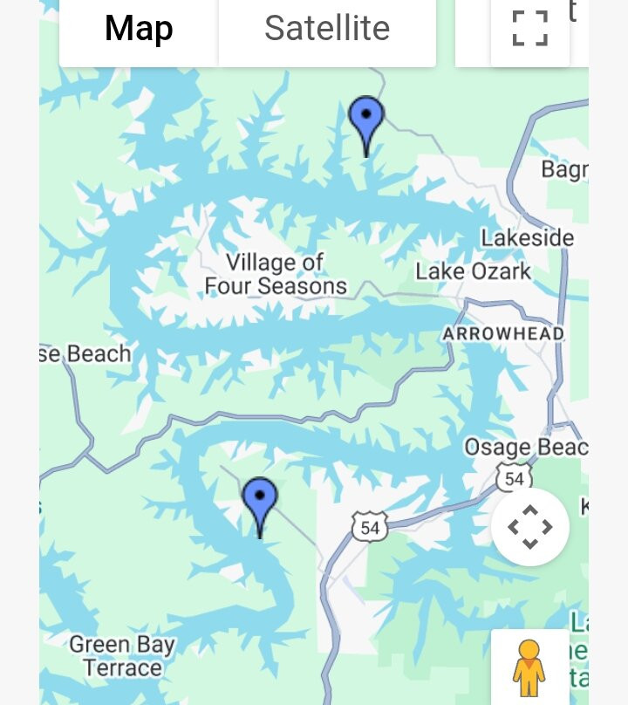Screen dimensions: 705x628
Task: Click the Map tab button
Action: [x=139, y=29]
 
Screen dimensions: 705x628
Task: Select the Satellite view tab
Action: [x=327, y=29]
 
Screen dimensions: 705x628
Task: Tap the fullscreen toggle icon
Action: [x=529, y=29]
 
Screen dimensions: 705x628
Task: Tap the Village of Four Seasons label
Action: [x=275, y=274]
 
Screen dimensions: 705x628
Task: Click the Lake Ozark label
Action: [x=473, y=271]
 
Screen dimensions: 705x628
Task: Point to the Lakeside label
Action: [x=527, y=237]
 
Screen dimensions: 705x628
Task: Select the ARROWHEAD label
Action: [x=502, y=334]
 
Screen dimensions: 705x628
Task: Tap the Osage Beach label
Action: [x=525, y=448]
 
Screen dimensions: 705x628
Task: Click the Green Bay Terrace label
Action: [x=122, y=657]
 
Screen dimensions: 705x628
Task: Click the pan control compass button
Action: [x=529, y=527]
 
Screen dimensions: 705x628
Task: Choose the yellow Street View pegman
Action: [x=529, y=667]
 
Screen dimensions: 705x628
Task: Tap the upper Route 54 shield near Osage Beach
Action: [x=514, y=478]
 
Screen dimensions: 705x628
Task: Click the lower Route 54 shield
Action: [x=370, y=527]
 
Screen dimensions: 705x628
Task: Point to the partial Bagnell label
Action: [x=564, y=168]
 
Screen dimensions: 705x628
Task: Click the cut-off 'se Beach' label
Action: [x=85, y=353]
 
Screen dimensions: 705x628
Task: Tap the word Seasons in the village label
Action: [x=302, y=286]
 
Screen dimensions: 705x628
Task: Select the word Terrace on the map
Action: [x=123, y=668]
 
